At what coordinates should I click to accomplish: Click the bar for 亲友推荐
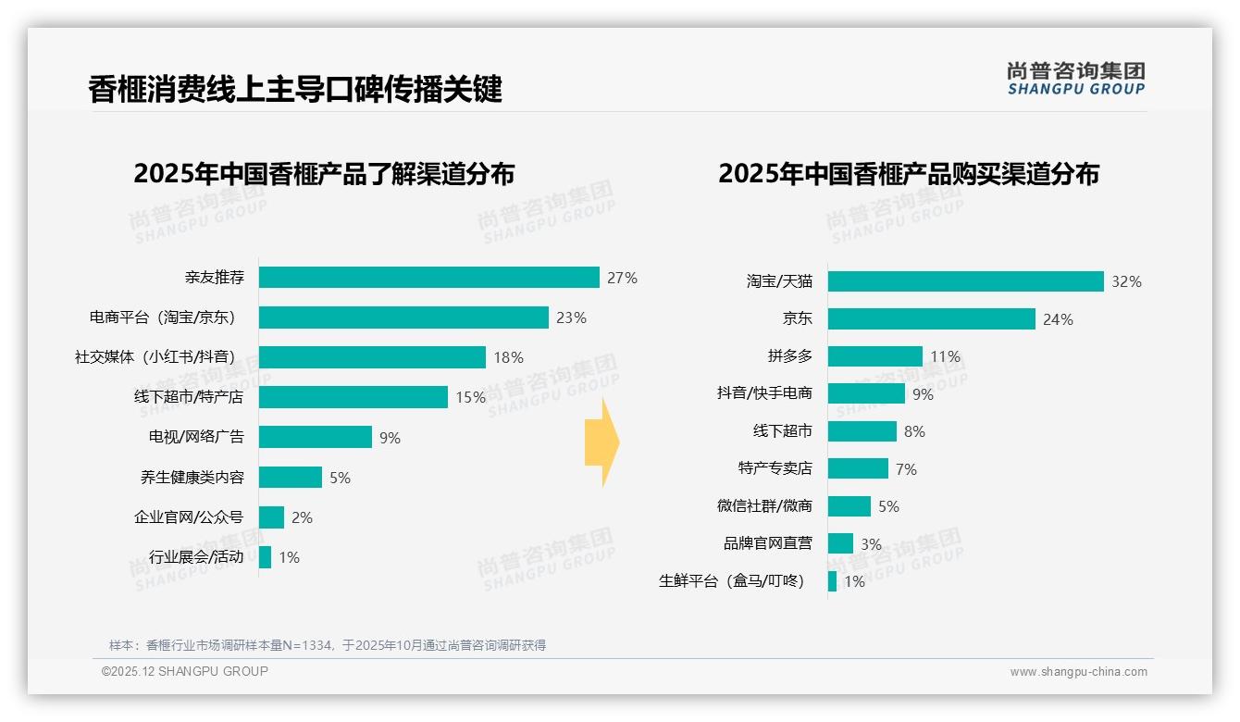click(428, 278)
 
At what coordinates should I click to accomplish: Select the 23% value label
click(571, 317)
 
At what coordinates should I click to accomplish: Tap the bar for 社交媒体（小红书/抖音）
click(372, 357)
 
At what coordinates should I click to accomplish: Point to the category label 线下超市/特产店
click(189, 397)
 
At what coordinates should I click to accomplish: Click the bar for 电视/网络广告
click(315, 437)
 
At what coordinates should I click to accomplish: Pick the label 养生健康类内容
click(192, 478)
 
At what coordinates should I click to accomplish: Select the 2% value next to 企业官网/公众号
click(302, 517)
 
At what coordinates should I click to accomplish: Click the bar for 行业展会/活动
click(265, 557)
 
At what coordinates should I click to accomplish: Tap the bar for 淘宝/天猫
click(965, 281)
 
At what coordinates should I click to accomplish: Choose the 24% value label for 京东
click(1058, 319)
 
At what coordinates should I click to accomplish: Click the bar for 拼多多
click(874, 356)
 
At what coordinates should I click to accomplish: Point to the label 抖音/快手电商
click(764, 393)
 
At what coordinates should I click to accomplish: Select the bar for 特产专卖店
click(858, 468)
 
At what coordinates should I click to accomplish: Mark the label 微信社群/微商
click(764, 505)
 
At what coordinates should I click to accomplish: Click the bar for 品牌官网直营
click(840, 543)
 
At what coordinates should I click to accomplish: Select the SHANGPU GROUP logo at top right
click(1075, 79)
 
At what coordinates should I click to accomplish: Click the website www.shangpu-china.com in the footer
click(1078, 672)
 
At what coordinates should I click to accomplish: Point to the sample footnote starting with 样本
click(328, 645)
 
